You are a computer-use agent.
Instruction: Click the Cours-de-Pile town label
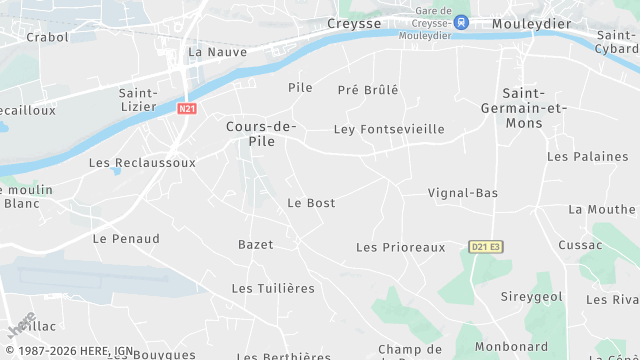(x=261, y=134)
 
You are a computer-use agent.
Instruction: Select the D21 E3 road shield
(x=485, y=246)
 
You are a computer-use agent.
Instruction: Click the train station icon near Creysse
(x=460, y=21)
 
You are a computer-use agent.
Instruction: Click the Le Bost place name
(x=311, y=203)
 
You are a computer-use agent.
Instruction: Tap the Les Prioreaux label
(x=400, y=247)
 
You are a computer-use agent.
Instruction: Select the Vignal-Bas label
(x=463, y=192)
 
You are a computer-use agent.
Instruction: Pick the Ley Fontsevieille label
(x=389, y=129)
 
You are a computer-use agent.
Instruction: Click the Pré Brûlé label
(x=368, y=89)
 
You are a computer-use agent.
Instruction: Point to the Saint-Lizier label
(x=136, y=100)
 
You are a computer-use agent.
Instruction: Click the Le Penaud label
(x=126, y=239)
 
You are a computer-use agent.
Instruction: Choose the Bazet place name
(x=255, y=245)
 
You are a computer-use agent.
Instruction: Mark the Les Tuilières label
(x=273, y=288)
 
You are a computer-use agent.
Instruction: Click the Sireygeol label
(x=531, y=297)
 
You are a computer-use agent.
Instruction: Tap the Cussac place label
(x=580, y=245)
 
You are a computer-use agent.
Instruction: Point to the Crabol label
(x=47, y=37)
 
